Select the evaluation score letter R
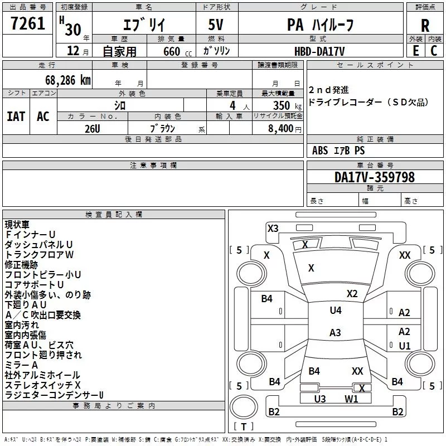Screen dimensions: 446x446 (x=425, y=25)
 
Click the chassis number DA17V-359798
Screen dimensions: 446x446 (x=374, y=177)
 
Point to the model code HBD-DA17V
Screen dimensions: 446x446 (x=319, y=51)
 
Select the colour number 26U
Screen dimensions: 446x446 (x=93, y=128)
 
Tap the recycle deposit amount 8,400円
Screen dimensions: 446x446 (x=285, y=129)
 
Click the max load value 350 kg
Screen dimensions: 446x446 (x=287, y=105)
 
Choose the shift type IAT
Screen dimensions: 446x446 (x=16, y=116)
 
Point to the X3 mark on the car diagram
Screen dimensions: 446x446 (x=273, y=228)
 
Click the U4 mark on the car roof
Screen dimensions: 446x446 (x=335, y=311)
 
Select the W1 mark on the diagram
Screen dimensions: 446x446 (x=351, y=399)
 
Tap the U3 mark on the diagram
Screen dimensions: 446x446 (x=319, y=399)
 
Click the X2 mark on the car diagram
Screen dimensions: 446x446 (x=352, y=293)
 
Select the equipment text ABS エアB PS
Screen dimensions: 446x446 (x=338, y=151)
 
